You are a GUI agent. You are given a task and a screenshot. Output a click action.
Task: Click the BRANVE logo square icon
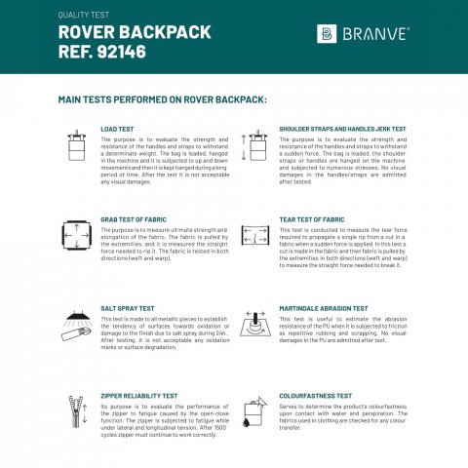click(327, 34)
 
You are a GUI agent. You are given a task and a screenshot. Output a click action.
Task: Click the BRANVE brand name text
click(376, 34)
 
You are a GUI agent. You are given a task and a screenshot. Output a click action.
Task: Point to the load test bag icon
click(72, 147)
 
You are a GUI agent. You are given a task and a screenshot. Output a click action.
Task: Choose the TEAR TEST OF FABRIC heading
click(311, 219)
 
